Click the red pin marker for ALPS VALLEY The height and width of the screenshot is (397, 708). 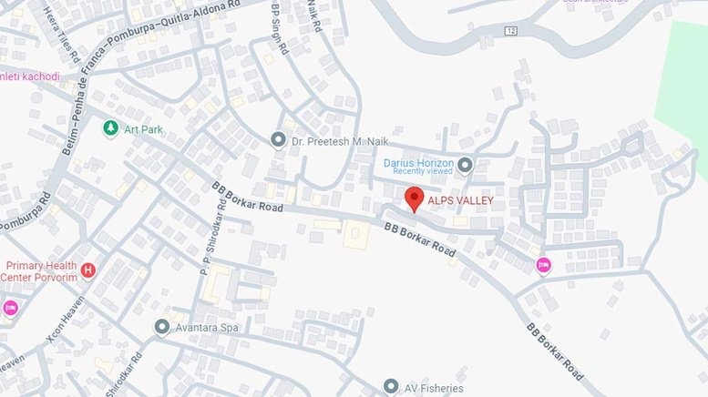tap(414, 198)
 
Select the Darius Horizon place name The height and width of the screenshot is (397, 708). tap(418, 163)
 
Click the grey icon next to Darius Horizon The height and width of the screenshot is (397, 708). tap(465, 165)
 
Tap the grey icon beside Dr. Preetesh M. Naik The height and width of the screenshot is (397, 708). tap(278, 140)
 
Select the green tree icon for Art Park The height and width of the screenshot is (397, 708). tap(110, 128)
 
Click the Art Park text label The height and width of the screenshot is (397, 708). tap(144, 129)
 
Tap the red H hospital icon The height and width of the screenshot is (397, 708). tap(88, 270)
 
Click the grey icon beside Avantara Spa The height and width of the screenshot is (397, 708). tap(162, 326)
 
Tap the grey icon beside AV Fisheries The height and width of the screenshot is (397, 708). tap(391, 387)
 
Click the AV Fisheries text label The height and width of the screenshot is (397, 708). tap(434, 388)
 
